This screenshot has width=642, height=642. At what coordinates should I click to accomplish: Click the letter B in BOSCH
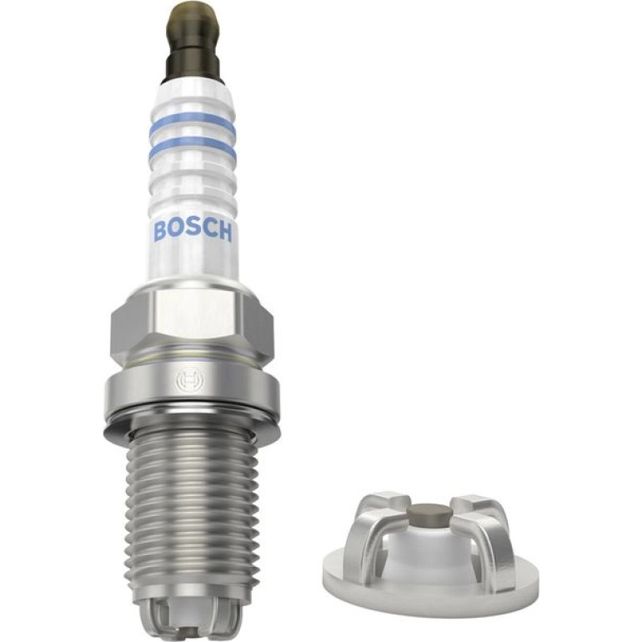[x=160, y=230]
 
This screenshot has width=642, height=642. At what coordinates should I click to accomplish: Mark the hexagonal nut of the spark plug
[x=192, y=324]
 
